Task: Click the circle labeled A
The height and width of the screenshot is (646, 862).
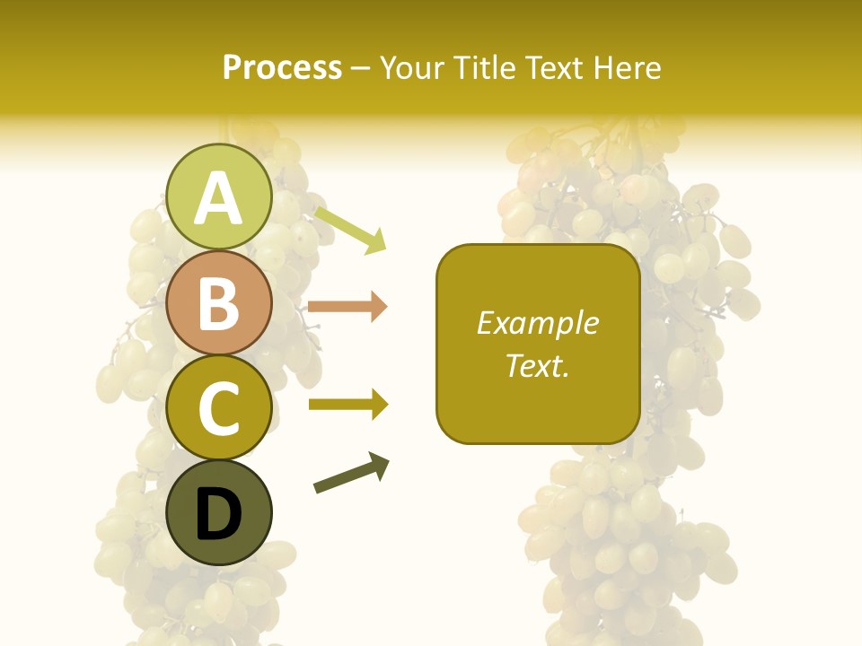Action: tap(218, 196)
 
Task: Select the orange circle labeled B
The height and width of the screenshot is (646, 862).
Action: tap(218, 302)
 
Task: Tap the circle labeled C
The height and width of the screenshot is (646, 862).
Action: tap(218, 407)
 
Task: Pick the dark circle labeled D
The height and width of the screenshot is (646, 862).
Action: tap(218, 513)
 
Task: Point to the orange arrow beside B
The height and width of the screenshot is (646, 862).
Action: tap(347, 307)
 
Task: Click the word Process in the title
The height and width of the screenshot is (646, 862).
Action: tap(282, 68)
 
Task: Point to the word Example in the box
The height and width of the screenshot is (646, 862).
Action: tap(537, 324)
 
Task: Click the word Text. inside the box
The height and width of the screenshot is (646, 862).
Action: tap(537, 366)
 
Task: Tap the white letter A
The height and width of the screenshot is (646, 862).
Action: tap(218, 198)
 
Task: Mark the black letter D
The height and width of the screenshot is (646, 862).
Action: tap(218, 514)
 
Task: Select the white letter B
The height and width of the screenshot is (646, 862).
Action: tap(218, 303)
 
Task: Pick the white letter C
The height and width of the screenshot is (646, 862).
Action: tap(218, 408)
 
